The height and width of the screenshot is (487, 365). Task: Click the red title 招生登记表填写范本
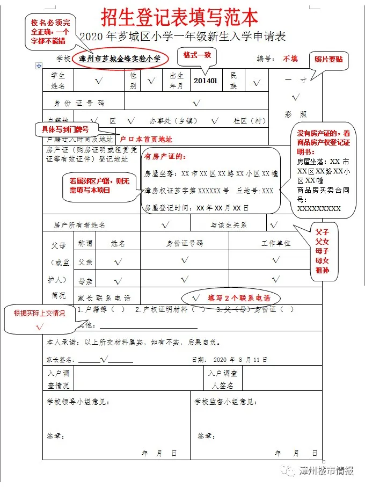[x=182, y=17]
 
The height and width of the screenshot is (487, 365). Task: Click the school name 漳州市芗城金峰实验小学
[x=119, y=59]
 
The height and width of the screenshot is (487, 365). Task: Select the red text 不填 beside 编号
[x=290, y=59]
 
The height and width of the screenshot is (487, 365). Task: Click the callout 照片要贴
[x=328, y=60]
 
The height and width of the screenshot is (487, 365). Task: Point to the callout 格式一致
[x=199, y=55]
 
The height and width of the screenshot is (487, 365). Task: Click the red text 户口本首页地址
[x=145, y=139]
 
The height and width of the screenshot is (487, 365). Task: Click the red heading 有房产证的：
[x=165, y=157]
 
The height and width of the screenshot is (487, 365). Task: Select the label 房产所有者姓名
[x=79, y=225]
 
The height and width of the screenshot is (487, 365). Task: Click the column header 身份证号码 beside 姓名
[x=185, y=243]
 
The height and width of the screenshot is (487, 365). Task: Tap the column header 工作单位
[x=276, y=243]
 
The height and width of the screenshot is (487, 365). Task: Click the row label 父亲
[x=85, y=262]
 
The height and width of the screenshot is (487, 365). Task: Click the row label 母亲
[x=85, y=281]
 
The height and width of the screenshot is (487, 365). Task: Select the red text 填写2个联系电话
[x=239, y=298]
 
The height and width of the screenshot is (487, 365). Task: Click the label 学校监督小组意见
[x=226, y=402]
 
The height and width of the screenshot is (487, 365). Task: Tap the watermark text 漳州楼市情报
[x=327, y=471]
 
